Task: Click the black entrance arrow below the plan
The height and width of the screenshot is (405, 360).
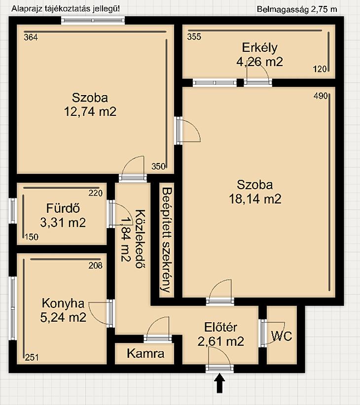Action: pos(219,383)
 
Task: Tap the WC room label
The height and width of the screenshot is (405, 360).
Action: pos(282,336)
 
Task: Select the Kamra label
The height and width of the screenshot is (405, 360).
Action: pos(145,353)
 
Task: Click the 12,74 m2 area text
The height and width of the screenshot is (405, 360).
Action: pos(90,111)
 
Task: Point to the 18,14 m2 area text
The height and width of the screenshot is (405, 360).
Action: pos(255,199)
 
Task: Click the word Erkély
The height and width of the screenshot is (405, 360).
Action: pos(260,48)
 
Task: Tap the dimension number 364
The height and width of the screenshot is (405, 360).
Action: pos(31,37)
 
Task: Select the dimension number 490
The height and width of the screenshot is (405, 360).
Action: pos(321,96)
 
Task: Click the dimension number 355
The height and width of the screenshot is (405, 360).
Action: pos(194,36)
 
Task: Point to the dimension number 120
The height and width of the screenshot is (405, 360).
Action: pos(320,69)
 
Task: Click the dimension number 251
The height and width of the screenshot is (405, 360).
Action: pos(32,358)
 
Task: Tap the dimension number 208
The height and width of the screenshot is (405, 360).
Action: pos(95,265)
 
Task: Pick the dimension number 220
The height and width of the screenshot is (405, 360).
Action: pos(95,193)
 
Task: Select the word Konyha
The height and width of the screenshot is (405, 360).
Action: pos(63,303)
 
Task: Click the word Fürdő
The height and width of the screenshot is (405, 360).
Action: pos(63,208)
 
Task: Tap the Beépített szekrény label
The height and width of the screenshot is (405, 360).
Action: pos(166,240)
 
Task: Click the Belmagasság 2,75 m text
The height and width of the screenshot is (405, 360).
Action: pos(297,9)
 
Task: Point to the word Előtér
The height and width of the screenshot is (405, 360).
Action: pos(220,327)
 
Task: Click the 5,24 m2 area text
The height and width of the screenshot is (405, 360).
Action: pos(63,317)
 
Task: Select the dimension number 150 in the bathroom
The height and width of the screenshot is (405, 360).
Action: pos(32,237)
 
